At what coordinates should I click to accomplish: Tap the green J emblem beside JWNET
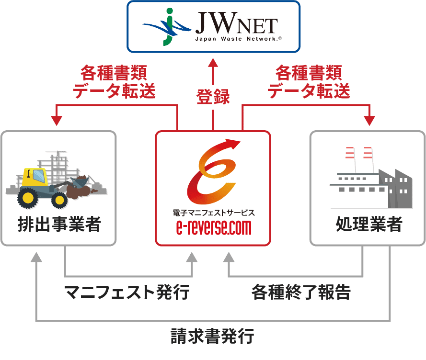(168, 27)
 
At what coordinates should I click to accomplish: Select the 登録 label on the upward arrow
(213, 97)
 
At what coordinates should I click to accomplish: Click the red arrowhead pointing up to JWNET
(213, 63)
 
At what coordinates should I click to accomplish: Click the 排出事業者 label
(59, 224)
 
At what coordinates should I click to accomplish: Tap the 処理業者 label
(369, 224)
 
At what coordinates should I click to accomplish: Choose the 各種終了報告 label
(301, 291)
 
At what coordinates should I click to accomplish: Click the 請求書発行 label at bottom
(212, 337)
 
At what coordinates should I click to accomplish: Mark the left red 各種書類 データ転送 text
(115, 82)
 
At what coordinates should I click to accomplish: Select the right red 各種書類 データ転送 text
(309, 82)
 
